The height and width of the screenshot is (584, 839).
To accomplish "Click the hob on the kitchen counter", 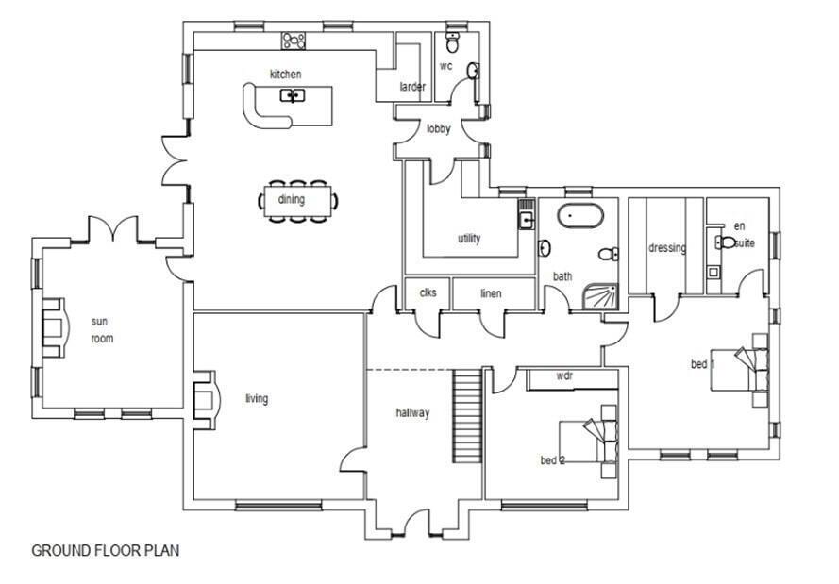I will pos(294,41).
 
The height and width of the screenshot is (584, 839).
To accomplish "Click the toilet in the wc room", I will pos(452,42).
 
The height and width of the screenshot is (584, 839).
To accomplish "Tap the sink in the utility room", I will pos(526,219).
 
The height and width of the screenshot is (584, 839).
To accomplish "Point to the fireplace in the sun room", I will pos(53,327).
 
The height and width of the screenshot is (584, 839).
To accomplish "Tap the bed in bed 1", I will pos(746,369).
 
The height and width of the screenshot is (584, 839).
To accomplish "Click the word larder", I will pos(412,87).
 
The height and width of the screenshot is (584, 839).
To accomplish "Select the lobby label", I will pos(439,129).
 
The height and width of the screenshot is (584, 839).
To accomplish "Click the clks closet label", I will pos(428,292).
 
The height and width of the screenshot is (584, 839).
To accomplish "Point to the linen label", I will pos(491,293).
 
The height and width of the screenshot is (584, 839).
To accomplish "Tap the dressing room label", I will pos(666,248).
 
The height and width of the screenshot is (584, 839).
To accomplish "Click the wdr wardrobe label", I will pos(564,375).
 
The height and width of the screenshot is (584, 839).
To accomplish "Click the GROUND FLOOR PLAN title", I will pos(106,550).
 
